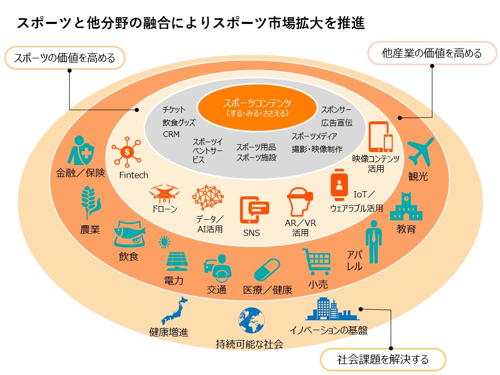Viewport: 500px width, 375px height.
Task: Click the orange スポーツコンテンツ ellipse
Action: [x=257, y=107]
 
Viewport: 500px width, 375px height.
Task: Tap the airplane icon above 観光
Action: [x=421, y=152]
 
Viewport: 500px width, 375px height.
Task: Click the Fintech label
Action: [x=134, y=175]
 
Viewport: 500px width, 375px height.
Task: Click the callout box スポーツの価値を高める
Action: [x=65, y=58]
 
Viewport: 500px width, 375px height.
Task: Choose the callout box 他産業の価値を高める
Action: [x=432, y=53]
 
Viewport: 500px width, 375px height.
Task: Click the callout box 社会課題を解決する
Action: [x=383, y=359]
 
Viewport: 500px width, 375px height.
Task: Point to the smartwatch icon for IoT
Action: [x=339, y=184]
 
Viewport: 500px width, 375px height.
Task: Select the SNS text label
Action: [x=252, y=233]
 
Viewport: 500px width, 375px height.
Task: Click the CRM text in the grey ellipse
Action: [x=171, y=134]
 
